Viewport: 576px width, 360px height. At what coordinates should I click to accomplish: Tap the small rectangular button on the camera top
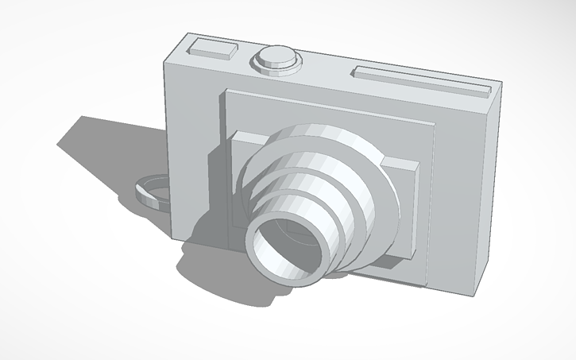[x=213, y=48]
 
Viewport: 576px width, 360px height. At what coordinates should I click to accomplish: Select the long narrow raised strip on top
[x=421, y=80]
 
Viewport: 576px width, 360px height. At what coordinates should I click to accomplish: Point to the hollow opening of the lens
[x=287, y=246]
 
